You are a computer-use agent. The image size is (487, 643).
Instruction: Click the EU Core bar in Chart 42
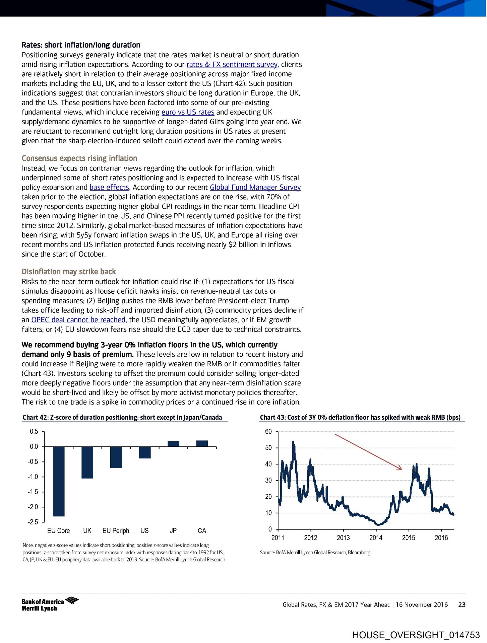pyautogui.click(x=59, y=481)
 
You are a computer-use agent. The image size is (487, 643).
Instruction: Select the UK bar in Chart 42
pyautogui.click(x=87, y=462)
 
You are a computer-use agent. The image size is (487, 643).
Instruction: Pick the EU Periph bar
pyautogui.click(x=116, y=457)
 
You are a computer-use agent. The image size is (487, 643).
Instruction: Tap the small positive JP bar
pyautogui.click(x=173, y=444)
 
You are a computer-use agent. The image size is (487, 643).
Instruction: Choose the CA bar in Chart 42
pyautogui.click(x=202, y=443)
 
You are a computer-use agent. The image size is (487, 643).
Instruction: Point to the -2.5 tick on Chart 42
pyautogui.click(x=33, y=522)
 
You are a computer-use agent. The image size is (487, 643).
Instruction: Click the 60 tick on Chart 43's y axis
pyautogui.click(x=268, y=431)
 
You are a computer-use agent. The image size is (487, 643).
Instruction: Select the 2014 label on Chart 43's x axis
pyautogui.click(x=376, y=538)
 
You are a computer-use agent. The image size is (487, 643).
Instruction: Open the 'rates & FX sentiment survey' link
pyautogui.click(x=232, y=64)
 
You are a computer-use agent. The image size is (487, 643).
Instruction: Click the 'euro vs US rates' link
pyautogui.click(x=188, y=112)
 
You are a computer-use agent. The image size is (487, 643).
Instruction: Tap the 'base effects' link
pyautogui.click(x=109, y=187)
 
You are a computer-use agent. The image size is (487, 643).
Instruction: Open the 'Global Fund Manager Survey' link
pyautogui.click(x=255, y=187)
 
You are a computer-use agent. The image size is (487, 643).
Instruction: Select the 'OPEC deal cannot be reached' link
pyautogui.click(x=78, y=320)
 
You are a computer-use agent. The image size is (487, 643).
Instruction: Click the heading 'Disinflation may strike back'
pyautogui.click(x=69, y=272)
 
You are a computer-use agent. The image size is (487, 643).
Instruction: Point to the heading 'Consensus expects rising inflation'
pyautogui.click(x=79, y=158)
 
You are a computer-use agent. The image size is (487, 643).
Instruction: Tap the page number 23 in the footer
pyautogui.click(x=462, y=604)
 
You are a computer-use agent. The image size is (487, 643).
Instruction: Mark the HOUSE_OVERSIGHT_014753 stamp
pyautogui.click(x=416, y=635)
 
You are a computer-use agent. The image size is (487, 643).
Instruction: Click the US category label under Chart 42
pyautogui.click(x=144, y=531)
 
